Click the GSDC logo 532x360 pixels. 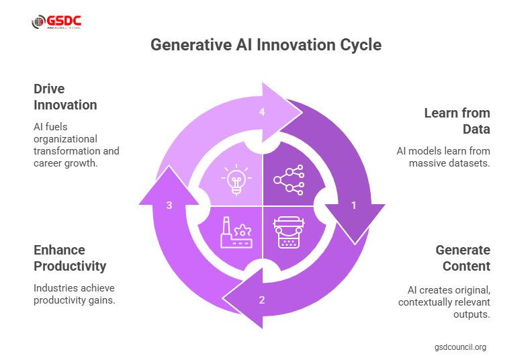tap(56, 22)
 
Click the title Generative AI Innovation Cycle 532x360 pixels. tap(265, 45)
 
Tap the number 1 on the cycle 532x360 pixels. tap(354, 206)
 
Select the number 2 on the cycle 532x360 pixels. tap(262, 300)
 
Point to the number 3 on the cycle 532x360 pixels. tap(169, 206)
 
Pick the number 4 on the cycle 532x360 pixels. tap(262, 112)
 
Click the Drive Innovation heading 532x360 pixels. tap(65, 97)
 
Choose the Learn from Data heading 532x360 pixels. tap(457, 121)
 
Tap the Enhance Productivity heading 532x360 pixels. tap(70, 258)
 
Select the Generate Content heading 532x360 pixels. tap(463, 258)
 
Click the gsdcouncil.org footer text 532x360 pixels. tap(460, 347)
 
